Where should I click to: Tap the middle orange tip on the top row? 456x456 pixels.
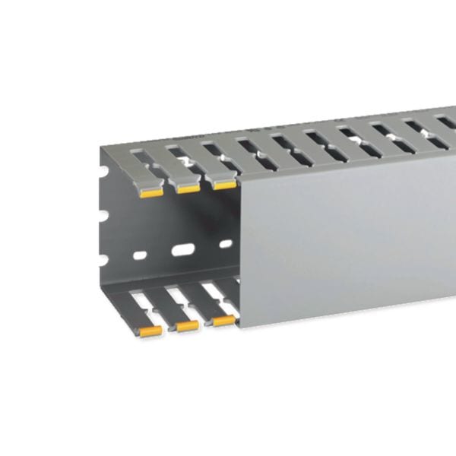pos(187,188)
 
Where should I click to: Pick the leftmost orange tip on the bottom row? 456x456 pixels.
pos(150,331)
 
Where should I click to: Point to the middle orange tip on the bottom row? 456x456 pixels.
pos(187,325)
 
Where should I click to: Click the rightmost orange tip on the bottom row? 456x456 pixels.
pos(223,321)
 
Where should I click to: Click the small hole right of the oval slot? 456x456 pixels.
pos(226,244)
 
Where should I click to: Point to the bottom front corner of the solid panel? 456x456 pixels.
pos(238,325)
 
